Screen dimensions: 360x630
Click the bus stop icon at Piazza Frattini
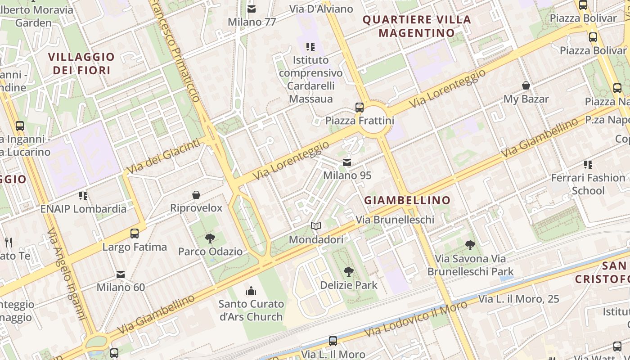pyautogui.click(x=359, y=107)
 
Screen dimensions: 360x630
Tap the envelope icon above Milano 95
pyautogui.click(x=347, y=162)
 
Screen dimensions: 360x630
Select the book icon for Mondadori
pyautogui.click(x=316, y=226)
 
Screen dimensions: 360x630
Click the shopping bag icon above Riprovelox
pyautogui.click(x=196, y=195)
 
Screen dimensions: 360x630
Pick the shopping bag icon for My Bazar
pyautogui.click(x=526, y=85)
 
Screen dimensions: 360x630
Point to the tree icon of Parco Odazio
pyautogui.click(x=210, y=238)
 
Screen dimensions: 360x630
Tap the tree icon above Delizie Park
pyautogui.click(x=348, y=272)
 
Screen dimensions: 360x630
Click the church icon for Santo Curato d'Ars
pyautogui.click(x=251, y=291)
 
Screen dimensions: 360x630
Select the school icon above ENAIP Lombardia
pyautogui.click(x=83, y=195)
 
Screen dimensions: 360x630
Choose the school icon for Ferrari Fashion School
pyautogui.click(x=588, y=165)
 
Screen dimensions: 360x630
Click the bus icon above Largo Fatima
pyautogui.click(x=134, y=234)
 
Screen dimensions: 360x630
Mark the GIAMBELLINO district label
pyautogui.click(x=407, y=200)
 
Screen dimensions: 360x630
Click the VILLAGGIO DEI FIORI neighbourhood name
pyautogui.click(x=81, y=63)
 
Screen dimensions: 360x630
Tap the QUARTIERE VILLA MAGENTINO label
pyautogui.click(x=417, y=26)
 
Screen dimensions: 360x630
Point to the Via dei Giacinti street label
pyautogui.click(x=163, y=156)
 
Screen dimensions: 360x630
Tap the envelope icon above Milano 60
pyautogui.click(x=121, y=274)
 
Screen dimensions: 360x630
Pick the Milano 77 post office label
pyautogui.click(x=252, y=22)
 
